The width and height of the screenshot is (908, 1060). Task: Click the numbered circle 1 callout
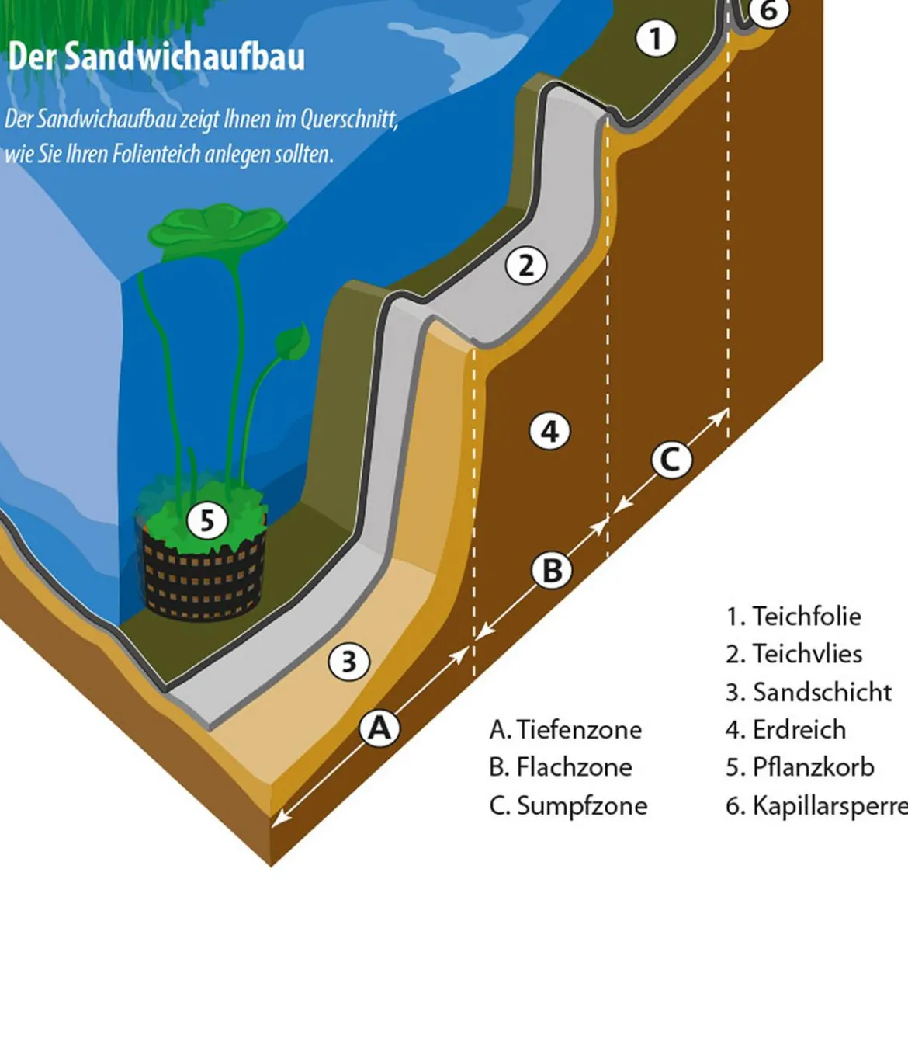[655, 39]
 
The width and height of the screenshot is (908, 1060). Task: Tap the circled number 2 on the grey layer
[526, 266]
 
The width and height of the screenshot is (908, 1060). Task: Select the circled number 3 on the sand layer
[349, 661]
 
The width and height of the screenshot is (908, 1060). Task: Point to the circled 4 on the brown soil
[549, 431]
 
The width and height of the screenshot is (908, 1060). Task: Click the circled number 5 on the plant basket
[207, 520]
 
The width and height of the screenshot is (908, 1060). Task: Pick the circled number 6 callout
[769, 10]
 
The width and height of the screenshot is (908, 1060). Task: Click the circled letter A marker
[379, 728]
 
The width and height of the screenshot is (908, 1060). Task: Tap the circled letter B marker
[552, 570]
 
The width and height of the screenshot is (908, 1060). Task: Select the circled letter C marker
[671, 459]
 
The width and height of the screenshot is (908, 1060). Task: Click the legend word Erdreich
[799, 729]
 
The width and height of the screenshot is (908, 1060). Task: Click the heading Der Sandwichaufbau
[156, 57]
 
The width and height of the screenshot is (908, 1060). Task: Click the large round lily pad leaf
[217, 230]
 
